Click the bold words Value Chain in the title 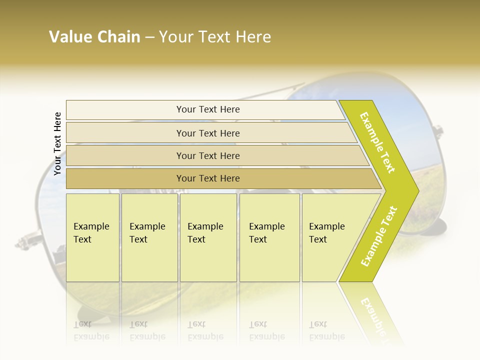click(x=94, y=37)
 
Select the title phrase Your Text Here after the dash click(x=215, y=37)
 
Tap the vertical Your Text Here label click(x=57, y=143)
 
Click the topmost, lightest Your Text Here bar click(x=207, y=109)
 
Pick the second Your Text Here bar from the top click(x=207, y=133)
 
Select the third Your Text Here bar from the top click(x=207, y=155)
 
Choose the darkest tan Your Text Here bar click(x=207, y=178)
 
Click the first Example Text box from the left click(x=92, y=237)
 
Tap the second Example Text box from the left click(x=149, y=237)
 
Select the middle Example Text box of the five click(x=208, y=237)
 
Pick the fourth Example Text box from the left click(x=269, y=237)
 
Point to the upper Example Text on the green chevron click(x=377, y=142)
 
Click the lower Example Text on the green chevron click(x=378, y=236)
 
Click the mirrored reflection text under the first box click(x=91, y=331)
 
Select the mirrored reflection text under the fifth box click(x=327, y=331)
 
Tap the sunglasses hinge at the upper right click(x=435, y=133)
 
